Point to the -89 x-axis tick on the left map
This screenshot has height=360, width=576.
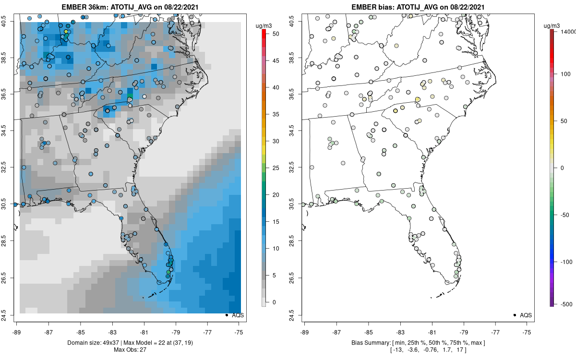pos(16,331)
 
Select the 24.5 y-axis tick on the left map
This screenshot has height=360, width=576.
pos(9,315)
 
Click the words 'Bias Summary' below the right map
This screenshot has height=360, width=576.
pos(366,342)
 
